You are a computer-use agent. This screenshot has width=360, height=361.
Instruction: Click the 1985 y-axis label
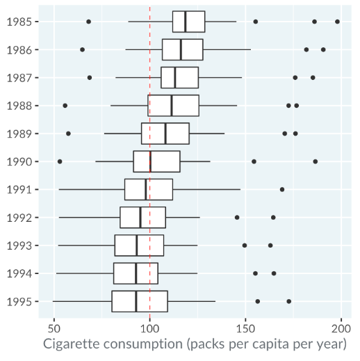click(x=19, y=22)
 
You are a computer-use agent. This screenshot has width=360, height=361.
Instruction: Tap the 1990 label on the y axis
click(x=19, y=162)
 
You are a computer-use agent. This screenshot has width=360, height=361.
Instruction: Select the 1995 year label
click(x=19, y=302)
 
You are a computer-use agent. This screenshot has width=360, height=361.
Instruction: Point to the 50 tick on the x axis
click(x=54, y=329)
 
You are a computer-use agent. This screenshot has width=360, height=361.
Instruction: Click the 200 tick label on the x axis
click(x=341, y=329)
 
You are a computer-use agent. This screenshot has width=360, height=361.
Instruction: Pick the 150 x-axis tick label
click(x=245, y=329)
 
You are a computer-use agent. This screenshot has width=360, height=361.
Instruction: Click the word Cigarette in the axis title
click(x=72, y=344)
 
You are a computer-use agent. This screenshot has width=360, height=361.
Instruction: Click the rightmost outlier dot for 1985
click(x=337, y=22)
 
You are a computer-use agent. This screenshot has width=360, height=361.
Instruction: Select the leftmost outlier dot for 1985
click(x=88, y=22)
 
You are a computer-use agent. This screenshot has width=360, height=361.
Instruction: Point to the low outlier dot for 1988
click(x=65, y=106)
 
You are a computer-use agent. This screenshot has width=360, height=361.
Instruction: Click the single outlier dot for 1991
click(x=282, y=190)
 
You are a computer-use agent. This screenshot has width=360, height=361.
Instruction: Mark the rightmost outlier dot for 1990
click(x=316, y=161)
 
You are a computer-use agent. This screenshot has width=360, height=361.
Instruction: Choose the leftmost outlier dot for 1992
click(x=237, y=218)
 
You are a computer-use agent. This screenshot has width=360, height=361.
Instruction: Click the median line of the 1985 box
click(x=186, y=22)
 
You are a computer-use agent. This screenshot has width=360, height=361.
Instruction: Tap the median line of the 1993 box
click(x=137, y=246)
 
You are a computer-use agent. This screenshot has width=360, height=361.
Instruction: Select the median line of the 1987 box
click(x=175, y=78)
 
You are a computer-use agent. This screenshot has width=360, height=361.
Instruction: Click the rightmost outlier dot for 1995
click(x=289, y=301)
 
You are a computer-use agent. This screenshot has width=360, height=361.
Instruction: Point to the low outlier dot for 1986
click(x=82, y=49)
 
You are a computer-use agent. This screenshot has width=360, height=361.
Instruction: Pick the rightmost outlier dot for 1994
click(x=274, y=273)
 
